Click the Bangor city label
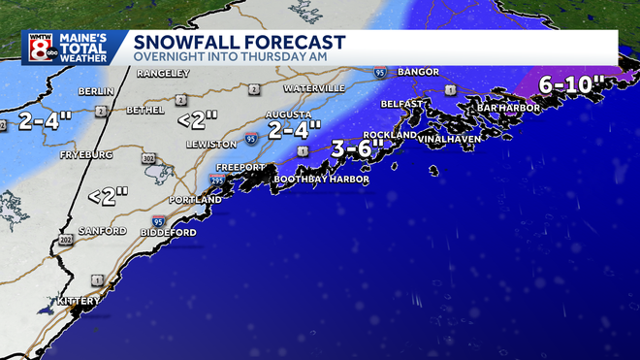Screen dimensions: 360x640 pos(418,72)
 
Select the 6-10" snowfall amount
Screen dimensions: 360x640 pos(572,85)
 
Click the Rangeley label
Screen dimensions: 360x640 pos(161,74)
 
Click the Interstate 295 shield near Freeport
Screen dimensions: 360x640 pos(216,180)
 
